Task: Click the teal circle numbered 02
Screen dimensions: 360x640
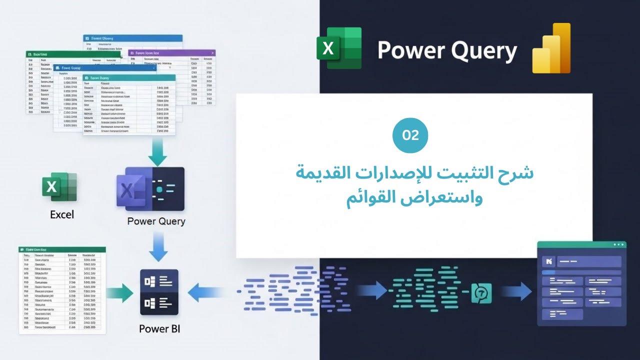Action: (410, 135)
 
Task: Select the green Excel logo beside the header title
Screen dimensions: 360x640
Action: (339, 48)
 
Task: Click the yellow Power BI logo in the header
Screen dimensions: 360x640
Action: (551, 48)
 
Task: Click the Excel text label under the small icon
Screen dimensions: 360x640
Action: (62, 214)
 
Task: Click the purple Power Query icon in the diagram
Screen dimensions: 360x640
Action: (150, 188)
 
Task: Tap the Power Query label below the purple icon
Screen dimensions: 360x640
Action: (156, 221)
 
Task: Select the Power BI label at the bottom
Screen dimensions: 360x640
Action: (159, 328)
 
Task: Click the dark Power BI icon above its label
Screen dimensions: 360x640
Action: (159, 292)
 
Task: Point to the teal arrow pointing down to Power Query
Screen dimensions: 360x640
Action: (158, 152)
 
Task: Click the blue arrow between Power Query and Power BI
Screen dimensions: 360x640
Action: (158, 248)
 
